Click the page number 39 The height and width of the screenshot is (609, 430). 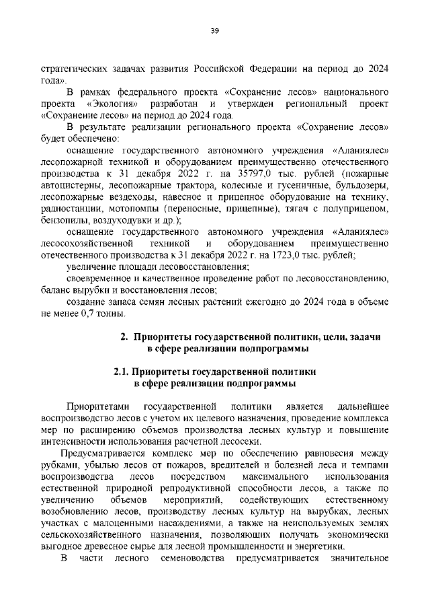point(215,30)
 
